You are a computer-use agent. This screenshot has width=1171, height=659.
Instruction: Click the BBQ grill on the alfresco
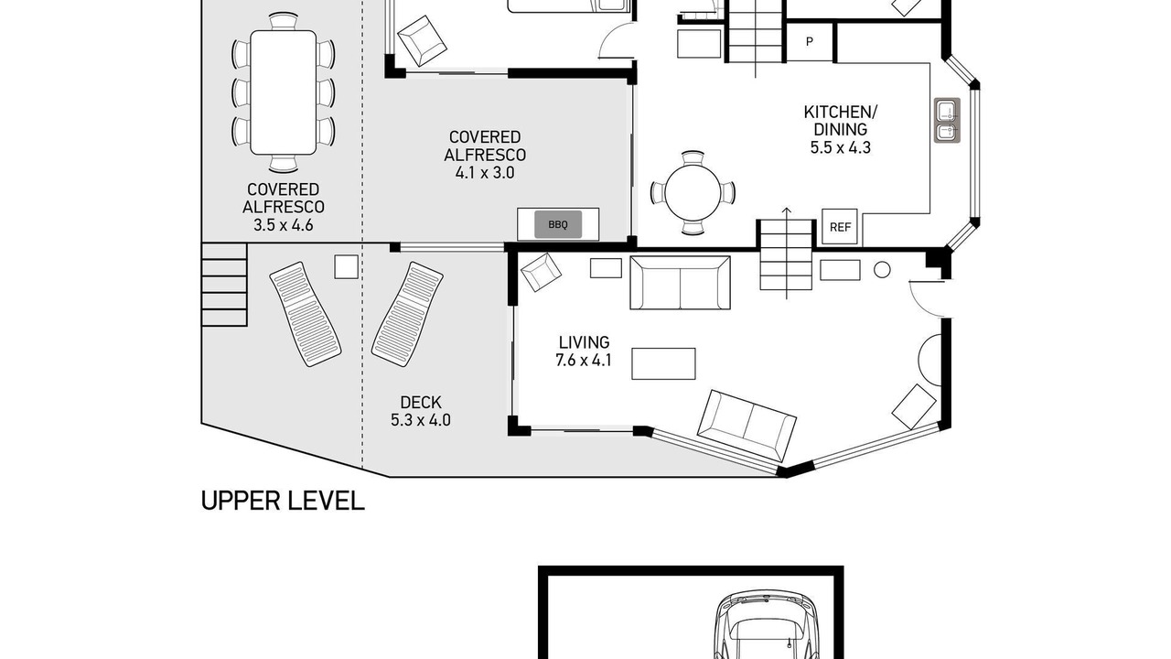pyautogui.click(x=558, y=224)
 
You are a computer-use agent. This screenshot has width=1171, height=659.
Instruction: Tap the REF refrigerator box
pyautogui.click(x=840, y=226)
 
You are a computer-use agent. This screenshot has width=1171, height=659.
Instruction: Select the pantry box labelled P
pyautogui.click(x=810, y=42)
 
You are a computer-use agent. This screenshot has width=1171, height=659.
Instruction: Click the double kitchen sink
pyautogui.click(x=947, y=120)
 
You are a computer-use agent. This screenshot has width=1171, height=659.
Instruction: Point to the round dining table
pyautogui.click(x=693, y=192)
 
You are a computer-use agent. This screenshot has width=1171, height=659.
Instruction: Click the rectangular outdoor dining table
pyautogui.click(x=283, y=92)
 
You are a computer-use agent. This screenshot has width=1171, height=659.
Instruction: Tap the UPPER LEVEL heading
pyautogui.click(x=283, y=501)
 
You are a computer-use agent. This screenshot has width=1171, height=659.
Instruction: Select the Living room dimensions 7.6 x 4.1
pyautogui.click(x=584, y=361)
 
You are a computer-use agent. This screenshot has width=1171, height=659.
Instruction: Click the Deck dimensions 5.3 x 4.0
pyautogui.click(x=420, y=420)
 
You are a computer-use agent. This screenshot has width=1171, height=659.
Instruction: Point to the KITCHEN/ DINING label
pyautogui.click(x=840, y=120)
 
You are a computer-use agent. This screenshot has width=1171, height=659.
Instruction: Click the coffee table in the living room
pyautogui.click(x=663, y=363)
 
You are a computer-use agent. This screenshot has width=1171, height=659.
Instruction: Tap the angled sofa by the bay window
pyautogui.click(x=747, y=426)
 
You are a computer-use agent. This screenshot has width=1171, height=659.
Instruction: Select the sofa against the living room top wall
pyautogui.click(x=680, y=283)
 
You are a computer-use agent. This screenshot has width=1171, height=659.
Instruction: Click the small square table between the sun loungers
pyautogui.click(x=346, y=266)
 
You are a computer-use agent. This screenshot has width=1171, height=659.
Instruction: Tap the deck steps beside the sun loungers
pyautogui.click(x=224, y=285)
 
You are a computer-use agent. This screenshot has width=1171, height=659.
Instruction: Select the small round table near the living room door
pyautogui.click(x=882, y=270)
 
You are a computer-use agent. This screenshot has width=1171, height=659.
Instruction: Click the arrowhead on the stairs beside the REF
pyautogui.click(x=786, y=211)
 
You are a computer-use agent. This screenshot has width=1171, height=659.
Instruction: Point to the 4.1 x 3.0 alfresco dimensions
pyautogui.click(x=485, y=173)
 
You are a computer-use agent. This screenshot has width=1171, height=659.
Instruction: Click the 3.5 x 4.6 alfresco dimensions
pyautogui.click(x=283, y=225)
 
